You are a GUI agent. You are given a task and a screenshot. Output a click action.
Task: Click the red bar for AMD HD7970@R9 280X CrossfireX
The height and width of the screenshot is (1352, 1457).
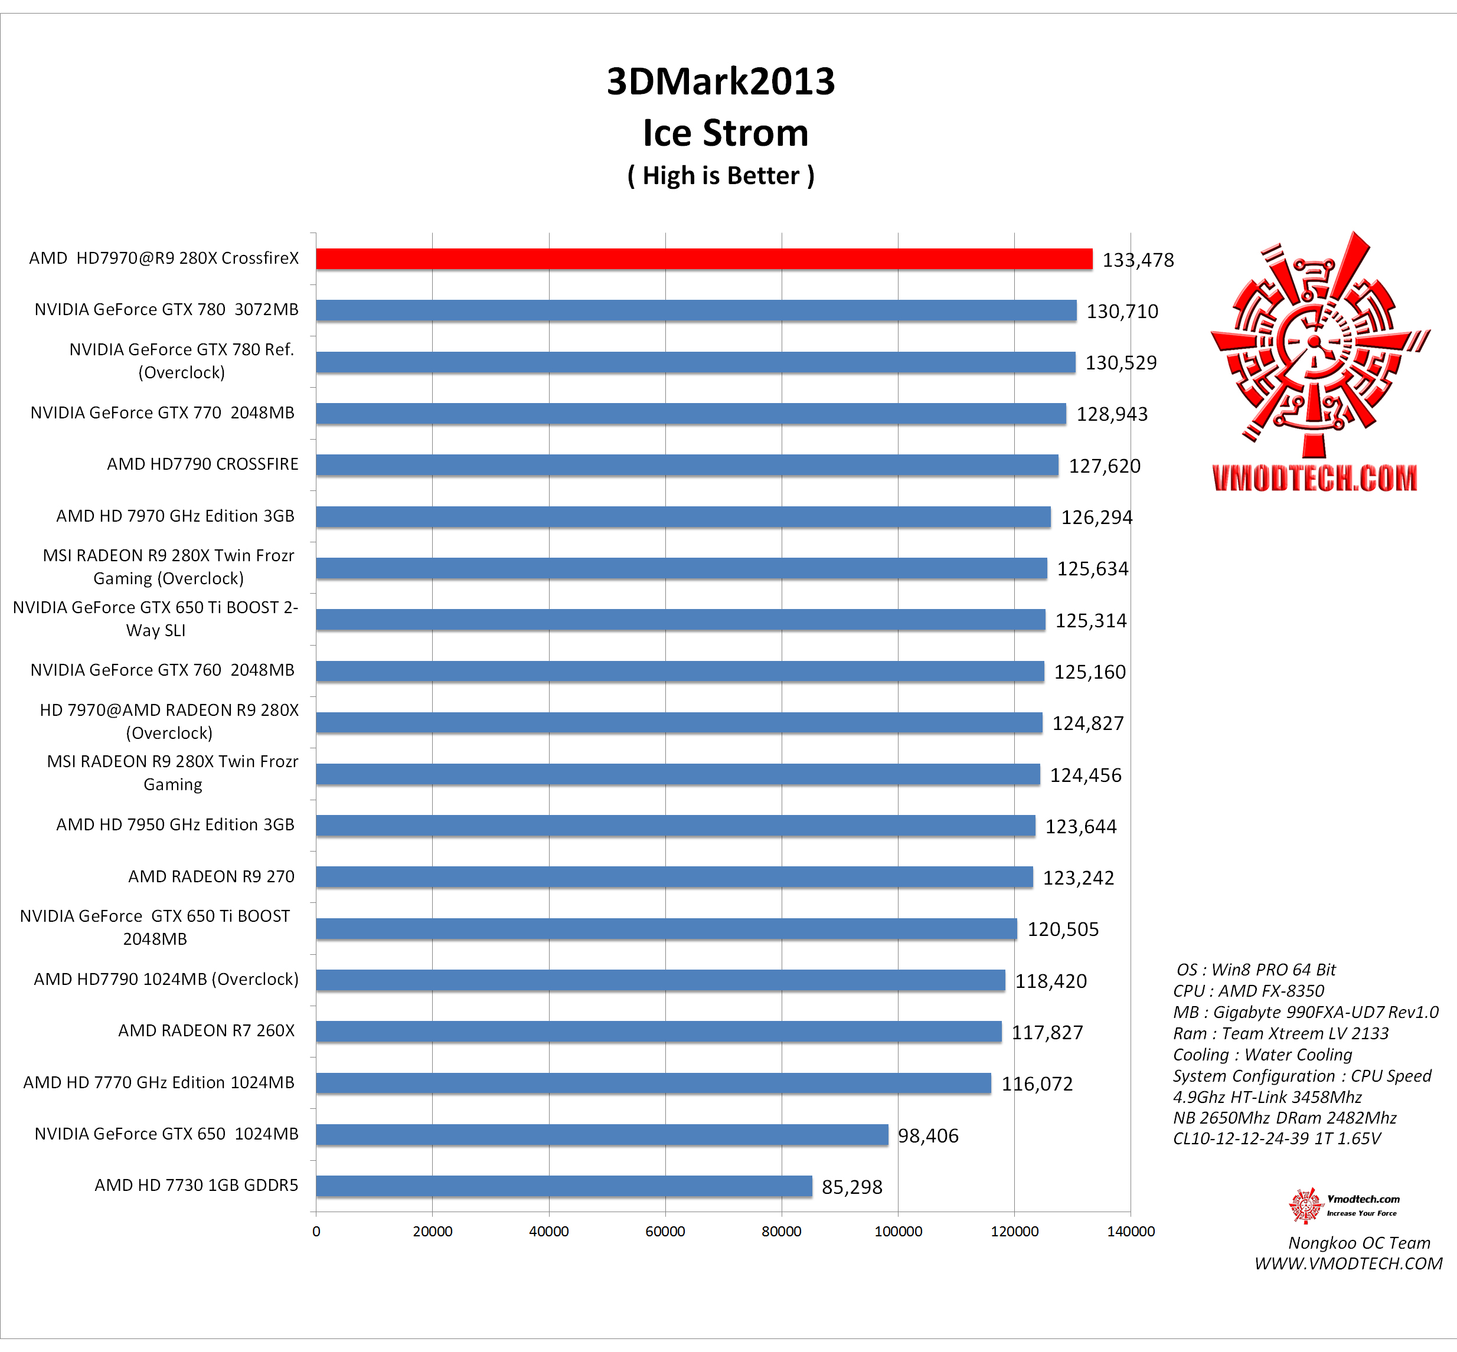click(703, 259)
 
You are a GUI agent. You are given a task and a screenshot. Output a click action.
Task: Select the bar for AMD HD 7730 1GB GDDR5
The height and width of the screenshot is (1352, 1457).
click(563, 1186)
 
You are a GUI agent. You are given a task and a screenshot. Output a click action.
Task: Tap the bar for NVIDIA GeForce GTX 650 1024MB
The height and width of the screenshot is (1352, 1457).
click(602, 1135)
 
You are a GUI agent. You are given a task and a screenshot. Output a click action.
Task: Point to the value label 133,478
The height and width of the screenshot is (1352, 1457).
click(1138, 260)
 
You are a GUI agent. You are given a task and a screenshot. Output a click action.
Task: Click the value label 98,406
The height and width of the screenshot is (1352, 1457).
click(928, 1135)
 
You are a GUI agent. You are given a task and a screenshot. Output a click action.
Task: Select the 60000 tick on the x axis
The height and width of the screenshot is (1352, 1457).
click(665, 1231)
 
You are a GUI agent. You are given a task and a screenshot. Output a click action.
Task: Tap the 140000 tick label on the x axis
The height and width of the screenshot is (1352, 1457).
click(1130, 1231)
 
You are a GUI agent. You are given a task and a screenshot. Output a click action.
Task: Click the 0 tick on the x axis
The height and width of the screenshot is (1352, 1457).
click(316, 1231)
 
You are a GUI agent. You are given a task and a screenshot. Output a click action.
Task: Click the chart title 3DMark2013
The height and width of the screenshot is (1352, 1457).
click(721, 81)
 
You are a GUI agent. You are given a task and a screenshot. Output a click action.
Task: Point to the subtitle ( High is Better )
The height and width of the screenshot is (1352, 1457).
click(721, 176)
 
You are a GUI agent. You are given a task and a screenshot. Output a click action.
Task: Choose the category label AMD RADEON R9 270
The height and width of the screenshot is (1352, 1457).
click(211, 876)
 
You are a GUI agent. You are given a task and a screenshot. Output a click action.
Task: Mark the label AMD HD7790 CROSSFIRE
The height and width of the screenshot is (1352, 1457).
click(202, 464)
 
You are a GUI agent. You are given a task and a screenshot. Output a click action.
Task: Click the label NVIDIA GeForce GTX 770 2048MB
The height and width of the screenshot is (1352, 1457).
click(162, 413)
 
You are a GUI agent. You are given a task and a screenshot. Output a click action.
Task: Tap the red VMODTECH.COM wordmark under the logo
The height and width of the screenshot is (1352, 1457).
click(1314, 479)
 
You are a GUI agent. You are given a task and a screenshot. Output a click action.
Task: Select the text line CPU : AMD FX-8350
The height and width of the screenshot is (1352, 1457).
click(1249, 991)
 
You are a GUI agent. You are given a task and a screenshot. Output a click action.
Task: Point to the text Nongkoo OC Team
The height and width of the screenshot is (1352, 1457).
click(1359, 1243)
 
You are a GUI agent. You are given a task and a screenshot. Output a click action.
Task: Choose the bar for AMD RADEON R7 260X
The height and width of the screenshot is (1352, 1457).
click(659, 1032)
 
